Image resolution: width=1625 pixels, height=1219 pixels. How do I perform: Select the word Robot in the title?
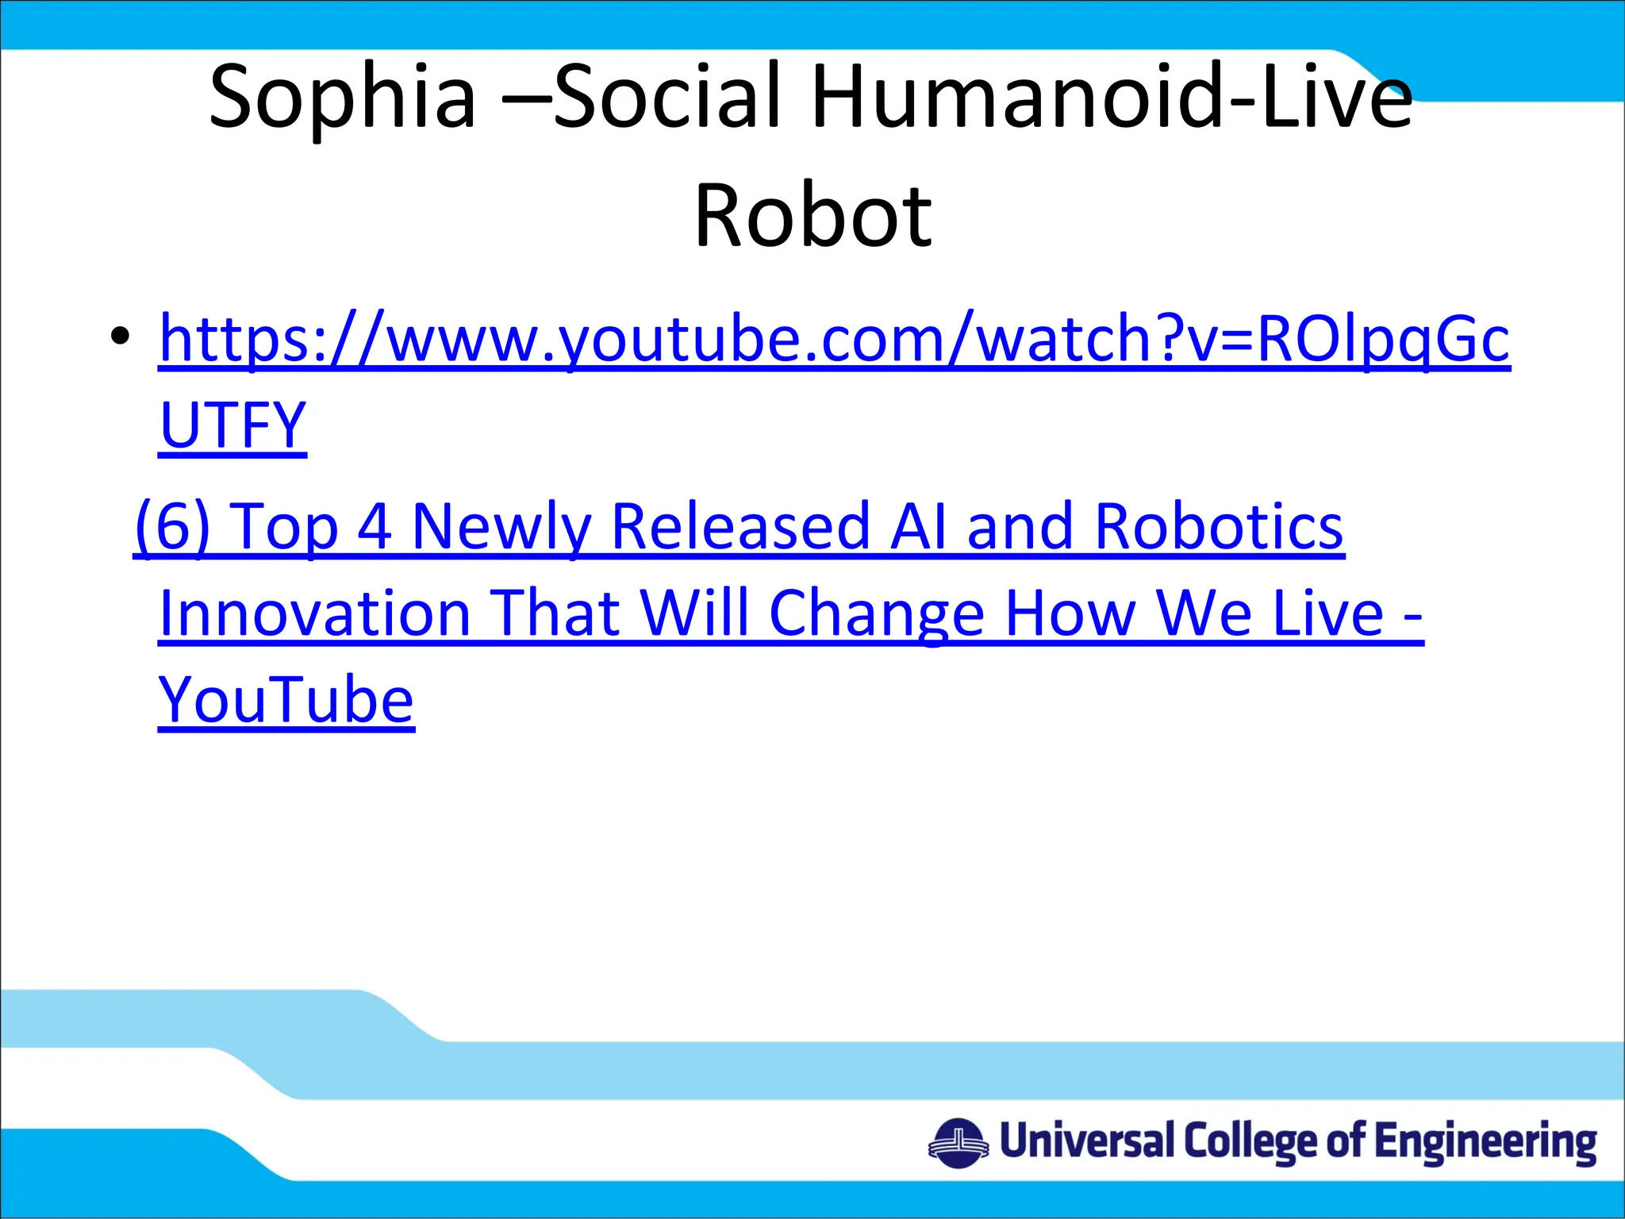812,216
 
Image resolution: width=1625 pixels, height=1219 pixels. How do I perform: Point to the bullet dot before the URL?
120,336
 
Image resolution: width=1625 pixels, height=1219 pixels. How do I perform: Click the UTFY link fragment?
232,425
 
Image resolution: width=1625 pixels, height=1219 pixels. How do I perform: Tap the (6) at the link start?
172,526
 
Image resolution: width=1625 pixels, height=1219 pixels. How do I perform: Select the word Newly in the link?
501,526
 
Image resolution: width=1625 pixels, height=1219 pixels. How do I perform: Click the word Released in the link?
740,526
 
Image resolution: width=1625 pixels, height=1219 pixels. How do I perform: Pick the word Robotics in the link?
1219,526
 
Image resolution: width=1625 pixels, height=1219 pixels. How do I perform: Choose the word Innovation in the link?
315,613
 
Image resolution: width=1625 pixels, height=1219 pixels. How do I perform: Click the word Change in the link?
877,613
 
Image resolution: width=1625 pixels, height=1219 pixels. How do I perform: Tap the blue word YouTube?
286,700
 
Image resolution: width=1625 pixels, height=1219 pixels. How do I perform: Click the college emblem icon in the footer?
958,1143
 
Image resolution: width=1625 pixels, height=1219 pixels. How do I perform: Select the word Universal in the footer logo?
1086,1141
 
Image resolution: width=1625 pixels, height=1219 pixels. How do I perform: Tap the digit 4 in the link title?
375,526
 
